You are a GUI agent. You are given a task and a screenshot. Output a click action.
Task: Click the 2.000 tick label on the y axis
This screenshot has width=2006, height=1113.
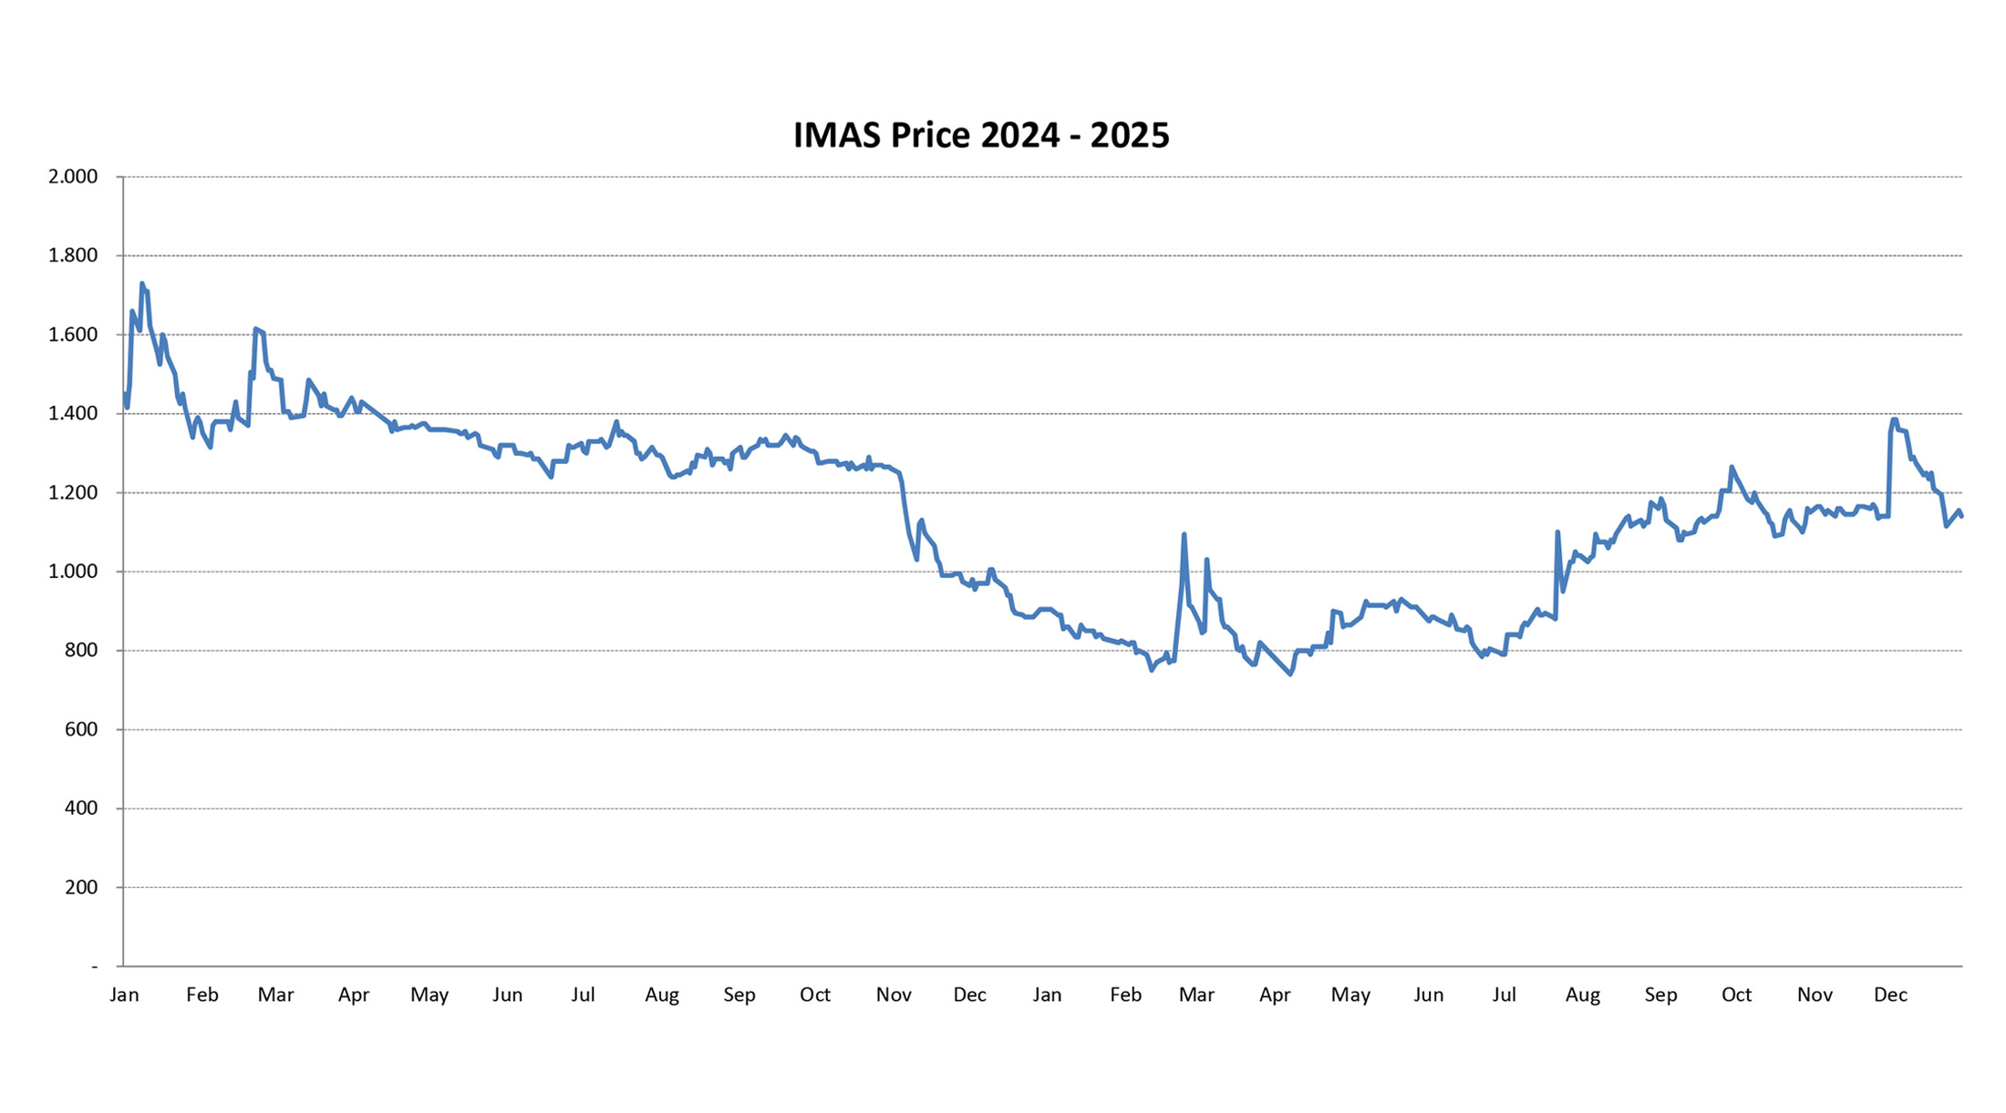[x=73, y=177]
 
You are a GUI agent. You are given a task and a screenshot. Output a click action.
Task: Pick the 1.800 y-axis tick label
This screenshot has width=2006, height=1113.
[x=73, y=255]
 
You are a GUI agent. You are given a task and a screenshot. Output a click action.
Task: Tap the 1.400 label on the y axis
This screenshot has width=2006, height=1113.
[x=73, y=414]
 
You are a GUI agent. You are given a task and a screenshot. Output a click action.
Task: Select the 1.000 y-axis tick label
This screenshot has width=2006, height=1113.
[x=73, y=572]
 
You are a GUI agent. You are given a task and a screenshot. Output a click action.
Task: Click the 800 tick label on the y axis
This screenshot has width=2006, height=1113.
[x=80, y=651]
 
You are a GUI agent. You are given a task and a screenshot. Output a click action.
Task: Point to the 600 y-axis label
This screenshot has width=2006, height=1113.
[x=80, y=729]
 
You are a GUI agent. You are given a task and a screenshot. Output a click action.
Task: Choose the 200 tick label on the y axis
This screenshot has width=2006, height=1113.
[x=80, y=888]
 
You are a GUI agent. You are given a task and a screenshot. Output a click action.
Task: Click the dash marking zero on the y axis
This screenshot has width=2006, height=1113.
[x=94, y=966]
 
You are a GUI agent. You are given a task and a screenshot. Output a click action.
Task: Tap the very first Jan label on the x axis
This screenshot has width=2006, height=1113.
[x=124, y=995]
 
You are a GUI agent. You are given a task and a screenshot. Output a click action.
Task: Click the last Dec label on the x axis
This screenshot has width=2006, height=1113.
[x=1890, y=995]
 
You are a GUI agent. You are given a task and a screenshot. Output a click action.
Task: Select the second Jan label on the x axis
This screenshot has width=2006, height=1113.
[x=1047, y=995]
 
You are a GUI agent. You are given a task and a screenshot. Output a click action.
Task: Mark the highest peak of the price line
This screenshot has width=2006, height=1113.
[x=142, y=283]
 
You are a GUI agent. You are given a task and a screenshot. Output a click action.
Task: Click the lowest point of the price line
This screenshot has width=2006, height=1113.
[x=1290, y=675]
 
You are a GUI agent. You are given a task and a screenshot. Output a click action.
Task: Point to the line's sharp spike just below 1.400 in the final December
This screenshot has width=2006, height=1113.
[x=1894, y=420]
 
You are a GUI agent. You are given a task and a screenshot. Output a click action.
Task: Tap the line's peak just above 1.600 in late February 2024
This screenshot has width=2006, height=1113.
[x=256, y=329]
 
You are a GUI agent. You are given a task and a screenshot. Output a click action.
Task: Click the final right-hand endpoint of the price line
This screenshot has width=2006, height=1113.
[x=1961, y=516]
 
